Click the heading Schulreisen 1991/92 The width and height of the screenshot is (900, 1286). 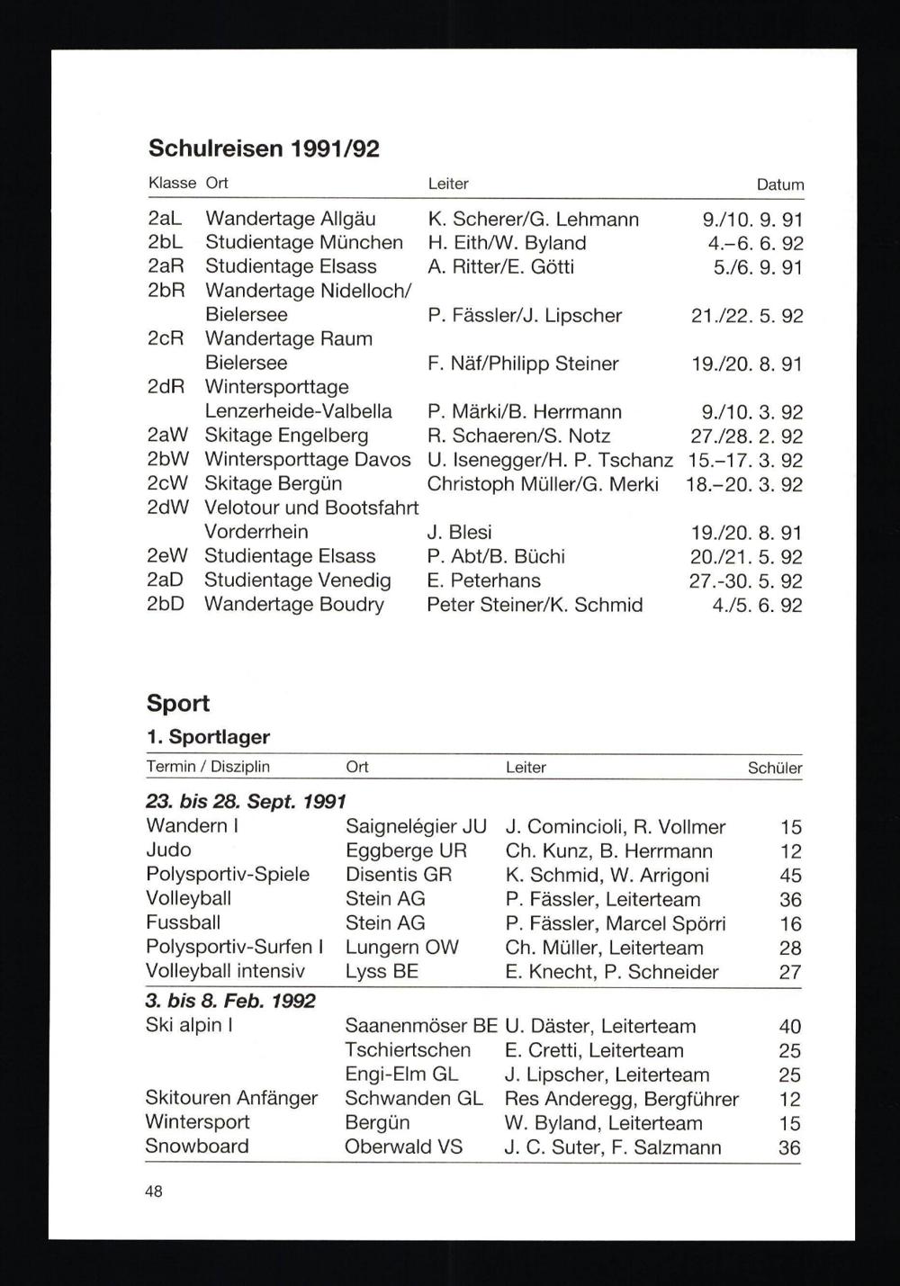click(264, 148)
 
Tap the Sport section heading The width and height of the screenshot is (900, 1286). click(178, 703)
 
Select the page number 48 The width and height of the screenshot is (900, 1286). click(154, 1192)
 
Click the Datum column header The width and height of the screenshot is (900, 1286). click(779, 184)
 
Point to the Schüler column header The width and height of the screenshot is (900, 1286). click(774, 769)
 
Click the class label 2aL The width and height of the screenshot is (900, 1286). click(166, 219)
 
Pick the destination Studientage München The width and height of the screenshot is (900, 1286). click(304, 243)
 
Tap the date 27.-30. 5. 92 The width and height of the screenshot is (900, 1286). click(746, 581)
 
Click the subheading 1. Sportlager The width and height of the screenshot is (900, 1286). click(208, 737)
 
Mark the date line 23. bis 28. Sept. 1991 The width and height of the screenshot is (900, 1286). click(246, 801)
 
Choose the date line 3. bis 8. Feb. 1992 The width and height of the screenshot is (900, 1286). click(230, 1001)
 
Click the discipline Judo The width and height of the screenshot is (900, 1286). click(168, 850)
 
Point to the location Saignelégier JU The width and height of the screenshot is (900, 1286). click(416, 826)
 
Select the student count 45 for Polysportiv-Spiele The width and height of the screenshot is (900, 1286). click(790, 876)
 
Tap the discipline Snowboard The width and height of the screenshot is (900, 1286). click(197, 1147)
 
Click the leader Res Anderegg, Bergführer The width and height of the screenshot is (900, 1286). click(622, 1099)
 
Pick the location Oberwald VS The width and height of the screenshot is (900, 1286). click(403, 1147)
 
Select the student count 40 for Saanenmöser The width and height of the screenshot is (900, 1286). click(790, 1027)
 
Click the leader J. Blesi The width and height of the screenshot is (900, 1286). click(459, 533)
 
